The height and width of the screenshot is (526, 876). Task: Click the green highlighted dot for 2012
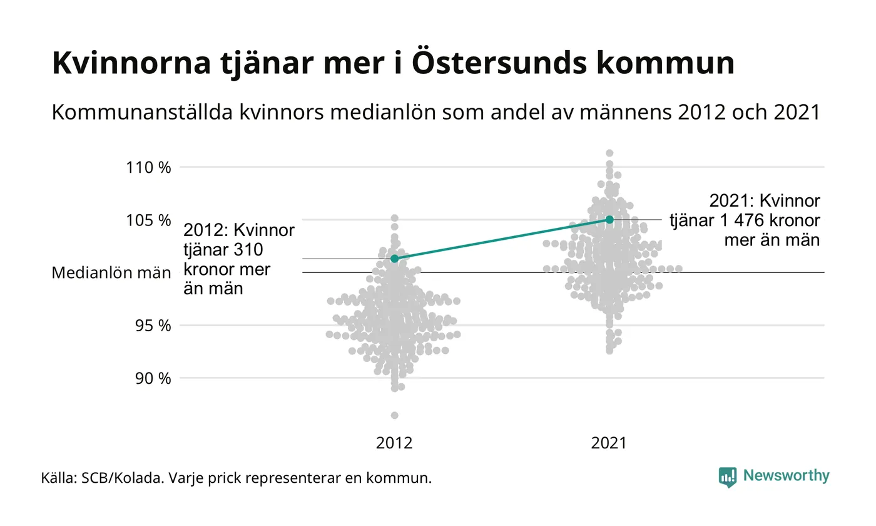point(394,258)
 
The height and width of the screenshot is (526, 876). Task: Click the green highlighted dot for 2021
point(609,219)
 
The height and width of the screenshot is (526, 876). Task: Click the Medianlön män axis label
point(111,273)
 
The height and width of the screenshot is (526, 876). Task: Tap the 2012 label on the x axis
point(394,443)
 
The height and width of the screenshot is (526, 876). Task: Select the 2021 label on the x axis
point(609,443)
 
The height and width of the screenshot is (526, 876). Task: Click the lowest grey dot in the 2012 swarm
point(394,415)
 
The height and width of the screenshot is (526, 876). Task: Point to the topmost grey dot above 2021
point(609,153)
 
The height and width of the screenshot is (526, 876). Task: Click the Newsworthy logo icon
point(728,477)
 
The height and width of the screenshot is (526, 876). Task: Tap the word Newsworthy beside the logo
point(787,476)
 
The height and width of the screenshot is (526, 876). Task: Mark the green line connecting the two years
point(501,239)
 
